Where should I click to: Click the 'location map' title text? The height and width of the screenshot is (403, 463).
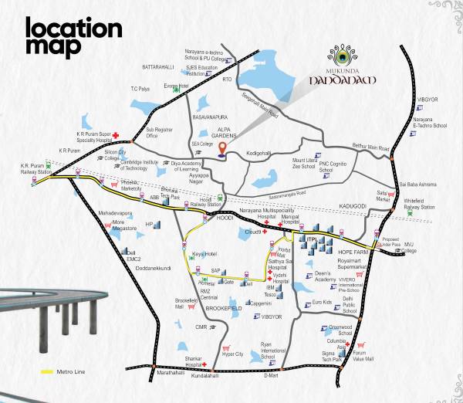pyautogui.click(x=73, y=37)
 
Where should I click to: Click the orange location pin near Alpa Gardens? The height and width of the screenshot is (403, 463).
pyautogui.click(x=224, y=149)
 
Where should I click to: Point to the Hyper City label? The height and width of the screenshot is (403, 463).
pyautogui.click(x=232, y=354)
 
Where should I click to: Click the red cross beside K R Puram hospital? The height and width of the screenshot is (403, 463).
pyautogui.click(x=116, y=137)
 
